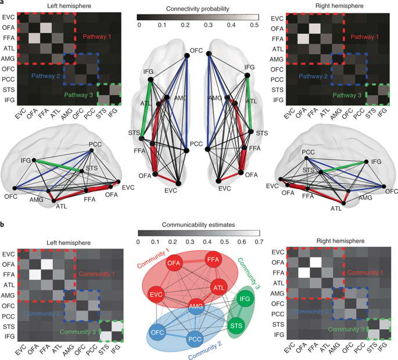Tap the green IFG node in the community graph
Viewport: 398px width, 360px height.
[244, 300]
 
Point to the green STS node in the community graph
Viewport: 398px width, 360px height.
[236, 324]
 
